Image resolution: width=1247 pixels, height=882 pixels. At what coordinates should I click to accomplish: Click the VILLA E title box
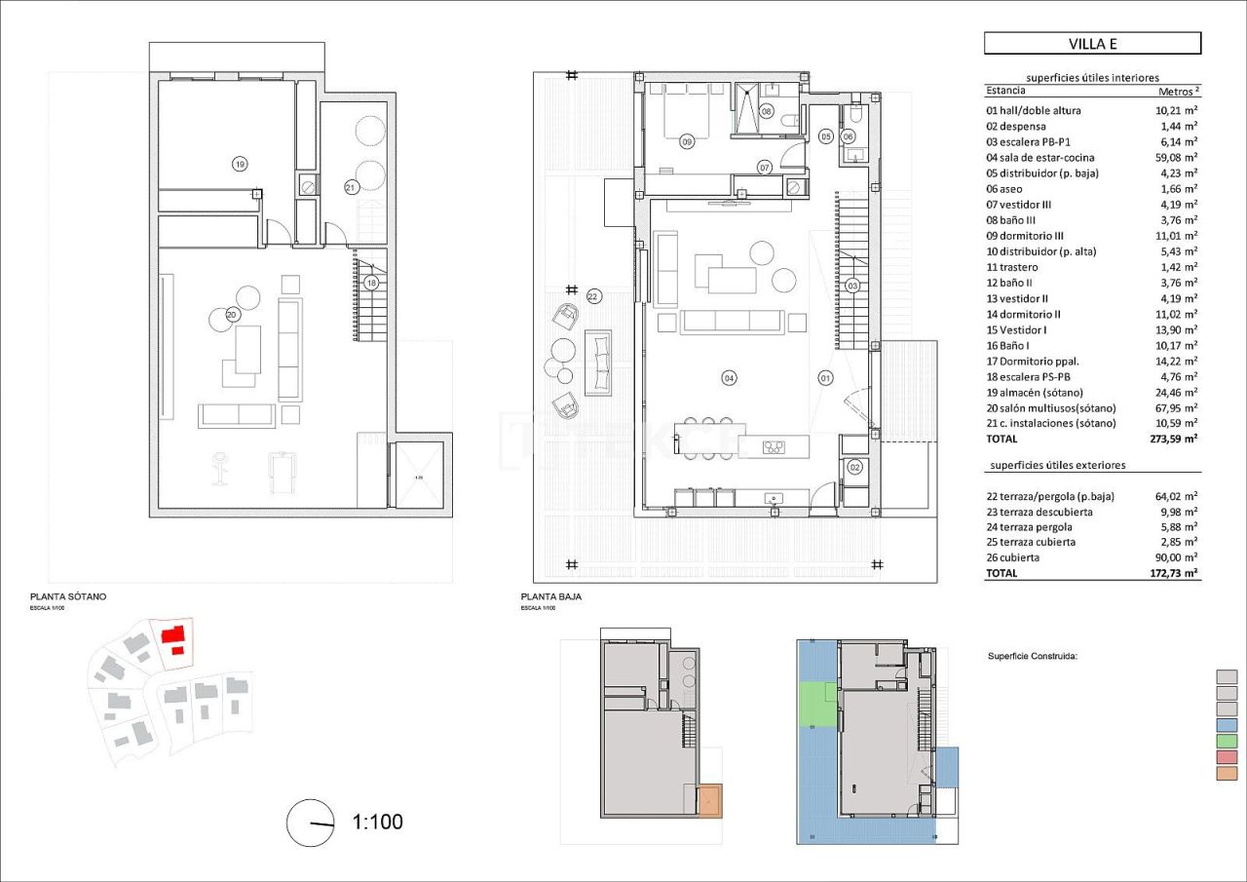[x=1092, y=43]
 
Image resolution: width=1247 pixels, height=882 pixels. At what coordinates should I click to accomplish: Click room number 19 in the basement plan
[x=240, y=164]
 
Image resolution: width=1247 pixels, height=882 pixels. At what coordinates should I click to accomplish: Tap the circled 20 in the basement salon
[x=232, y=314]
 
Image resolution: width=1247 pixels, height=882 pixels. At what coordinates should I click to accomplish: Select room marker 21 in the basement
[x=351, y=185]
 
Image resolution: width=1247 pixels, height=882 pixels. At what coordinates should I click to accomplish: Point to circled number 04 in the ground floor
[x=729, y=377]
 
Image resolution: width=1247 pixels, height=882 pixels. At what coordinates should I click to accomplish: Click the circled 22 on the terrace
[x=594, y=295]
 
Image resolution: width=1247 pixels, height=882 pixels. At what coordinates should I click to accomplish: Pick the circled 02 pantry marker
[x=855, y=468]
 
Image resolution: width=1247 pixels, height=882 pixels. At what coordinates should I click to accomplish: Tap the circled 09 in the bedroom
[x=687, y=142]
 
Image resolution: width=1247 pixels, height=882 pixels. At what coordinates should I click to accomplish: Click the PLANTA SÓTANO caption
[x=68, y=595]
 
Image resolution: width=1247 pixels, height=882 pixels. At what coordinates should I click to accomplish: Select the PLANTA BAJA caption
[x=551, y=595]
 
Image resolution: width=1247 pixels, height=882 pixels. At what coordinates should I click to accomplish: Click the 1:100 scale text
[x=377, y=822]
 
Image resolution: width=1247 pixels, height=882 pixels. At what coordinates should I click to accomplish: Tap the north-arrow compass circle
[x=311, y=823]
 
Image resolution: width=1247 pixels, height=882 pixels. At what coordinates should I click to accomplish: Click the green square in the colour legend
[x=1227, y=742]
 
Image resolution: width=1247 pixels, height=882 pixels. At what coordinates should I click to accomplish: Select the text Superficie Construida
[x=1033, y=657]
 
